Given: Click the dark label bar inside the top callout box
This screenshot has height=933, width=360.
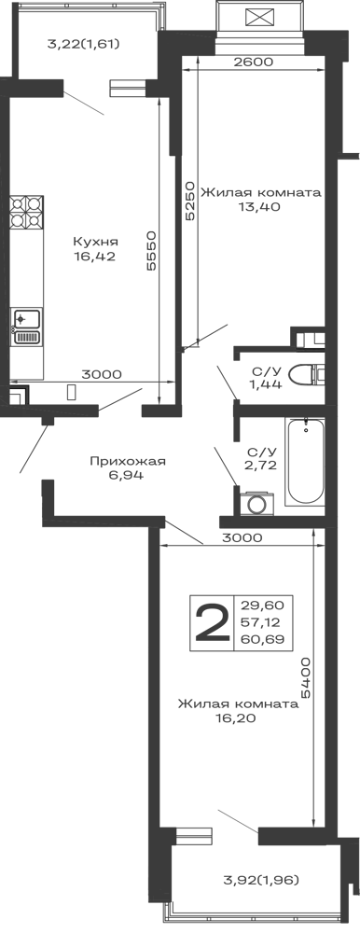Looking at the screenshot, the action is click(x=82, y=45).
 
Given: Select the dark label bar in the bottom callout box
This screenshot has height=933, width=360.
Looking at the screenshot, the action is click(x=261, y=880).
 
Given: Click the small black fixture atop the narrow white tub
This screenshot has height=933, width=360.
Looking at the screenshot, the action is click(x=305, y=426).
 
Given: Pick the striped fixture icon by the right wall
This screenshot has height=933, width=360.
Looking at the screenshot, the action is click(x=310, y=344).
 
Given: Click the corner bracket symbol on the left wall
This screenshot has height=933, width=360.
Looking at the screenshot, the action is click(x=21, y=391).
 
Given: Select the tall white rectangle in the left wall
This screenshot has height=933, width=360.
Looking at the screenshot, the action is click(x=26, y=268).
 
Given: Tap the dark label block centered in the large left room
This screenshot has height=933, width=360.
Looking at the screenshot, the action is click(x=93, y=249).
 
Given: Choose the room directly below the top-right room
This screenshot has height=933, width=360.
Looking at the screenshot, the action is click(x=260, y=266).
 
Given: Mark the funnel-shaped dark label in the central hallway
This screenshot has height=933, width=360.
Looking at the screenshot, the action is click(x=131, y=466).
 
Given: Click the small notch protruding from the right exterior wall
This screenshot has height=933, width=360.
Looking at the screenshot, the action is click(x=351, y=157).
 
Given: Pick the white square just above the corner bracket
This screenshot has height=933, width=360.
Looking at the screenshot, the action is click(x=26, y=361).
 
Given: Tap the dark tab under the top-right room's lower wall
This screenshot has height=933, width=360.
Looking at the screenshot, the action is click(x=260, y=209).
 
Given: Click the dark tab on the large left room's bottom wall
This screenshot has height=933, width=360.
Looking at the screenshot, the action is click(x=100, y=374).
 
